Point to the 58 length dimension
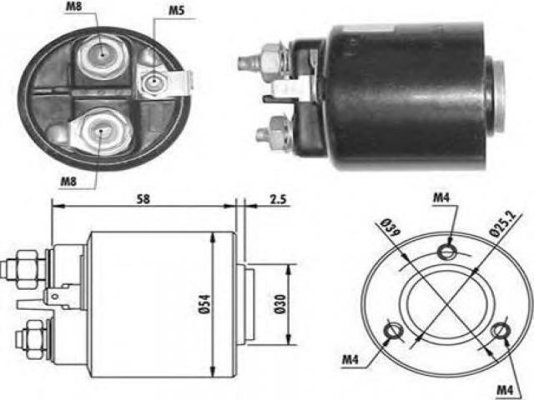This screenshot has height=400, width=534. click(x=143, y=200)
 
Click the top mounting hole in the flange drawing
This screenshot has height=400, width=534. click(x=449, y=252)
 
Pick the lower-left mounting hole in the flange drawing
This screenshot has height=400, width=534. click(x=391, y=332)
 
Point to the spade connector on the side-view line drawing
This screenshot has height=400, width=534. click(x=58, y=295)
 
